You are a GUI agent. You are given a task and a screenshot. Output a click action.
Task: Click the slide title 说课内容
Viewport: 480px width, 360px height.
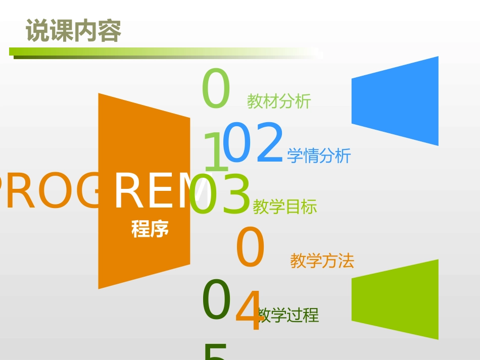click(x=73, y=31)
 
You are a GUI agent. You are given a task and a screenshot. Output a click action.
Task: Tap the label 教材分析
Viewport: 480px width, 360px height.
click(x=278, y=101)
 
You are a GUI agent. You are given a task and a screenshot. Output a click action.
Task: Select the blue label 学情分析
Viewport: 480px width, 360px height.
click(x=318, y=156)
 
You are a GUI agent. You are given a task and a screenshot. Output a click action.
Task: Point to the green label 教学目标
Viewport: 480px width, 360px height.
click(x=284, y=207)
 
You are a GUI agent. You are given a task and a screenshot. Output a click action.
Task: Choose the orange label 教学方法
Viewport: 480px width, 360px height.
click(x=322, y=261)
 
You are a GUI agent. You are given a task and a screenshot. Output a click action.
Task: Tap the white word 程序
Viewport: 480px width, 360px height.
click(x=150, y=229)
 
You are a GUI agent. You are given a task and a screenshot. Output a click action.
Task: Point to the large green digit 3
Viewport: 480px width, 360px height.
click(x=236, y=195)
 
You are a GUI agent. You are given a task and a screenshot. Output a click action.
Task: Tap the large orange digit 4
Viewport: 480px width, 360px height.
click(x=249, y=311)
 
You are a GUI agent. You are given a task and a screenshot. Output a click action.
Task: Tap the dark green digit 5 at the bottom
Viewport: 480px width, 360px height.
click(x=215, y=352)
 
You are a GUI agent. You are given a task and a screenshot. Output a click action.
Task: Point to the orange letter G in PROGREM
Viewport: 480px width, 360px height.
click(x=90, y=192)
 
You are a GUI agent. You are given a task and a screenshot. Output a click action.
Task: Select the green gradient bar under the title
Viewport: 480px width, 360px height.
click(x=162, y=52)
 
